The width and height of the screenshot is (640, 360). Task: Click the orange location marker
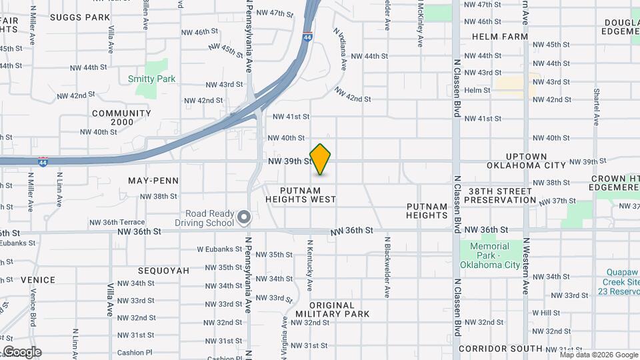321,159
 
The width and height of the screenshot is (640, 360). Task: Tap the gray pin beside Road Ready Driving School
244,217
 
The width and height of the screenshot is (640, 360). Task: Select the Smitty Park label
151,79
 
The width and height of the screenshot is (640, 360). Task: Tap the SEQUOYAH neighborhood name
163,271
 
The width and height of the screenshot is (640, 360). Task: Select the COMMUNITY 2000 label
121,117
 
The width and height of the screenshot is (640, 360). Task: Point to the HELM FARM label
500,37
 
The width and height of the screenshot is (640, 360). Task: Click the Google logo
21,352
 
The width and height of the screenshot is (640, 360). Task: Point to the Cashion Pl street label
135,353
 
